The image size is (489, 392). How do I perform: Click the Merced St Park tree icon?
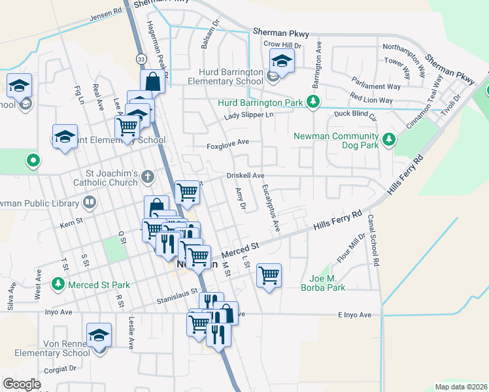[x=58, y=285]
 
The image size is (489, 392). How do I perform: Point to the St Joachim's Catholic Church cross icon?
[x=149, y=175]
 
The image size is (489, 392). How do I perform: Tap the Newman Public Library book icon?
[x=89, y=203]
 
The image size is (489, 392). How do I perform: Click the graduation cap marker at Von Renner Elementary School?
[x=99, y=335]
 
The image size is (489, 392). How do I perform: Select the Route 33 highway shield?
[x=141, y=59]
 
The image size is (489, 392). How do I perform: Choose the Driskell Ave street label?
[x=245, y=176]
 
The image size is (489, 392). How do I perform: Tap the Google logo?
[x=22, y=384]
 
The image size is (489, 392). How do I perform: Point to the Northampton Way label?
[x=405, y=47]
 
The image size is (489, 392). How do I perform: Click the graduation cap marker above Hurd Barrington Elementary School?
[x=282, y=61]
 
